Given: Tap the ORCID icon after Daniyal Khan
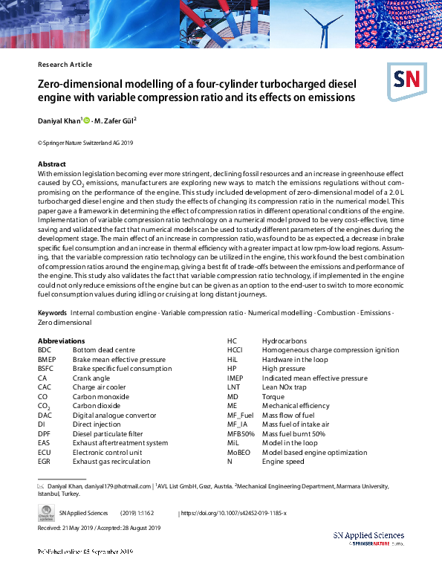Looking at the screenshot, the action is [86, 120].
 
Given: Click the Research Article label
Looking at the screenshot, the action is [65, 65].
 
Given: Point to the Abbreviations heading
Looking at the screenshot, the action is [61, 340].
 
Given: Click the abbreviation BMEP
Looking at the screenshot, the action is [48, 359].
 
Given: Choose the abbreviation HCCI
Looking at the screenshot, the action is [235, 350].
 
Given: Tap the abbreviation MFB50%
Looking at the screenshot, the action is [241, 433].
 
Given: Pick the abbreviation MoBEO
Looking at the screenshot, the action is [239, 452].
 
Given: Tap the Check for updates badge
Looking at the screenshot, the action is [46, 514].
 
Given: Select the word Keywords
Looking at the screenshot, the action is [51, 314].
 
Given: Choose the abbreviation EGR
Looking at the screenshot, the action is [46, 461].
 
